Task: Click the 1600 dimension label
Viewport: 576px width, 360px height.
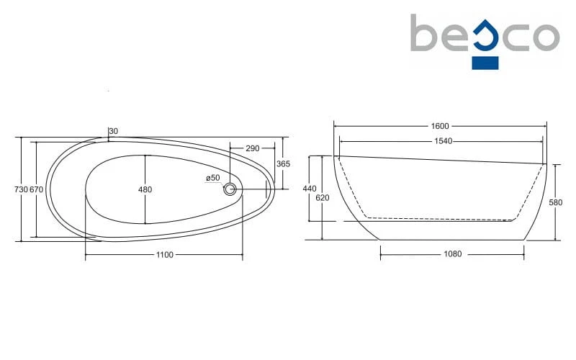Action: (440, 126)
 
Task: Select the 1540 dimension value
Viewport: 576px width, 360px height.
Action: (443, 141)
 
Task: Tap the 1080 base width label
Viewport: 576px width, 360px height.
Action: (453, 254)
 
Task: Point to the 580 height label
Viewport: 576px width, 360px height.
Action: (555, 202)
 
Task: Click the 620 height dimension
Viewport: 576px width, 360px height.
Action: (323, 197)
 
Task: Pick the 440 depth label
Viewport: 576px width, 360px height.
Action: (310, 189)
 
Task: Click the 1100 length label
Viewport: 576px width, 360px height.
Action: (165, 255)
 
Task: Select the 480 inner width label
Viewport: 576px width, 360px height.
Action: (145, 189)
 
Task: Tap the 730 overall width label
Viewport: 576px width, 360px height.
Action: (21, 189)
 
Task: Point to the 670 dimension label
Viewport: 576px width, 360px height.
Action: (37, 189)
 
